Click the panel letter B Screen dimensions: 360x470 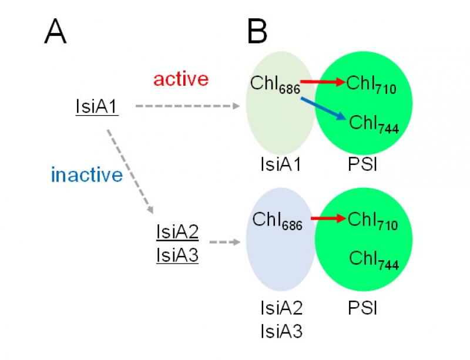(257, 32)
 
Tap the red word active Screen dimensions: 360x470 (181, 79)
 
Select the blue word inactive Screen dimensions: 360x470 (87, 174)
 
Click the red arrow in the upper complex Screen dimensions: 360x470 (322, 83)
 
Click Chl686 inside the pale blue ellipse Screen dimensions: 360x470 (277, 221)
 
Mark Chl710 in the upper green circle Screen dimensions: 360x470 (371, 85)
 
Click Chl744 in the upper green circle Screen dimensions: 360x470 (374, 124)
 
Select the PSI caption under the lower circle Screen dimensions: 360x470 (361, 307)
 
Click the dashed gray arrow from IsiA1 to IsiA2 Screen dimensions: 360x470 (130, 170)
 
